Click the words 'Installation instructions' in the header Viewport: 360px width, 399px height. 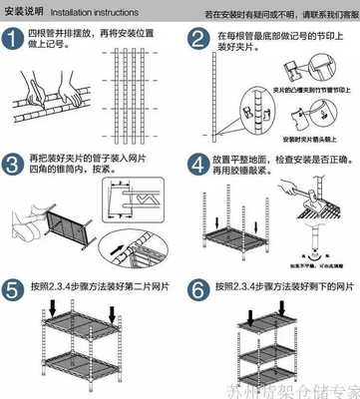tap(96, 13)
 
